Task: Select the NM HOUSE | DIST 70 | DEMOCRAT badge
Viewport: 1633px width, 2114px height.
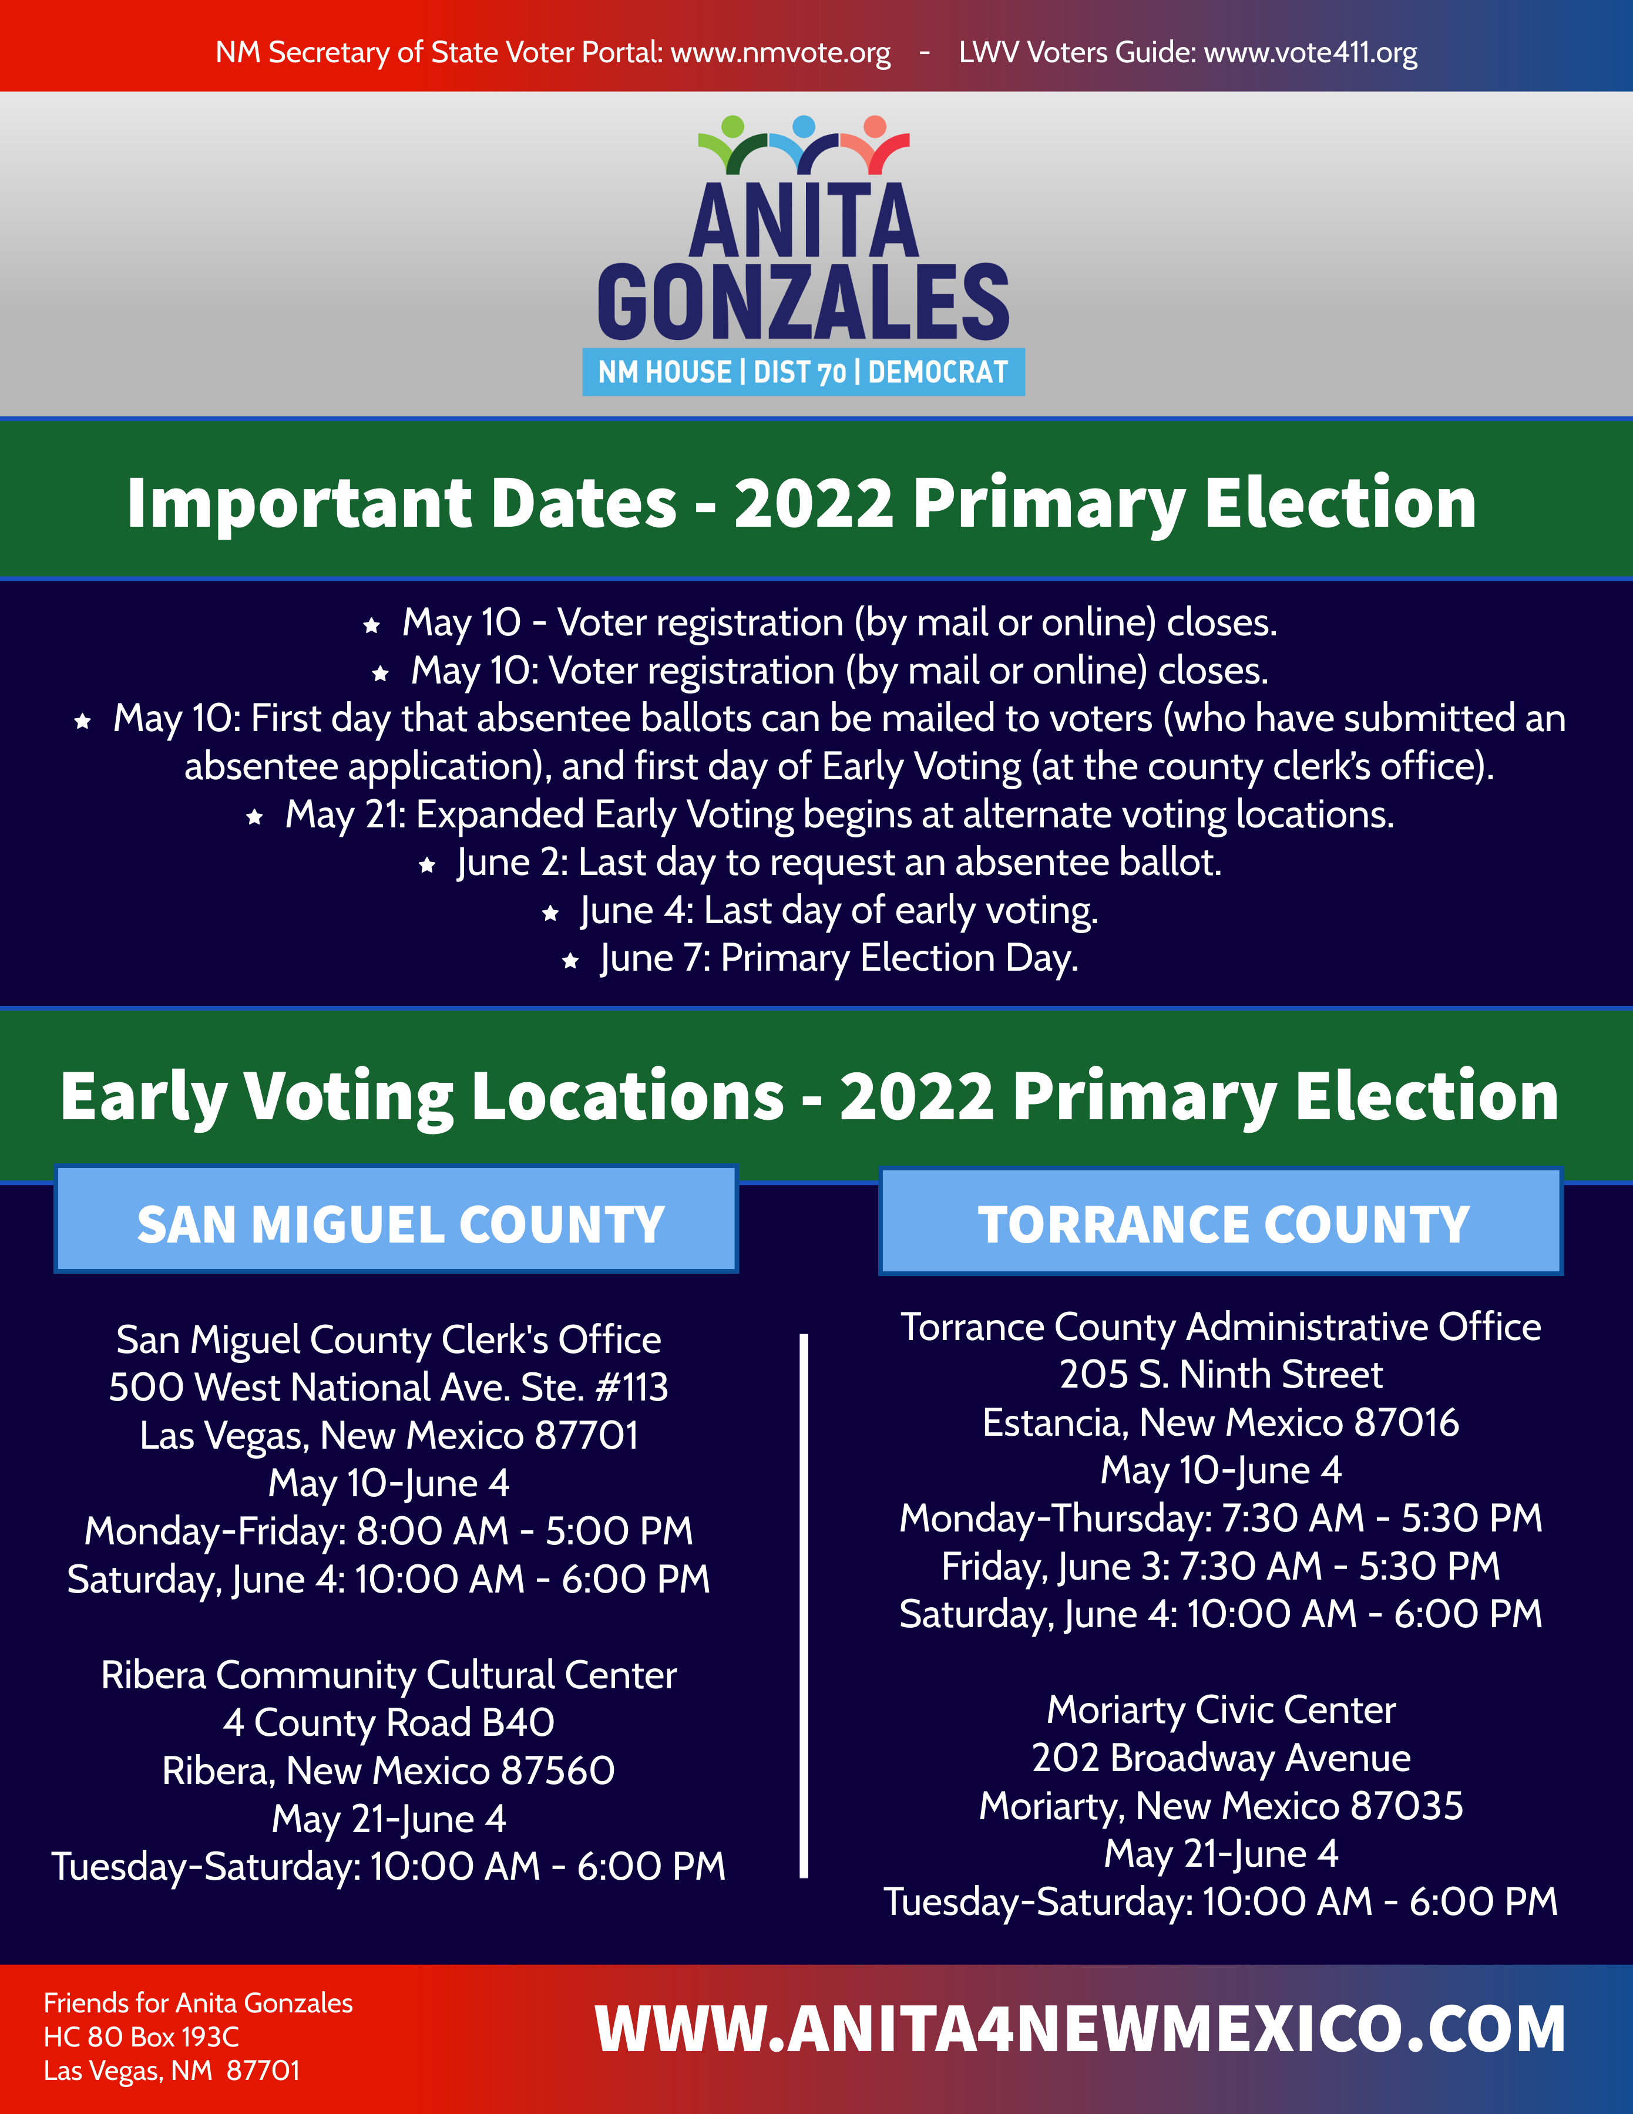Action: (804, 372)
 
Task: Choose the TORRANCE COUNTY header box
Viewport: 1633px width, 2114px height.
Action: (1221, 1221)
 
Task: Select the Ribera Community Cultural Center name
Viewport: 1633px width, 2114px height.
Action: (389, 1675)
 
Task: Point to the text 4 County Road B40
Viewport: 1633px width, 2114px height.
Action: (389, 1723)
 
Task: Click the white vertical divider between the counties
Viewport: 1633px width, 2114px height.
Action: (804, 1606)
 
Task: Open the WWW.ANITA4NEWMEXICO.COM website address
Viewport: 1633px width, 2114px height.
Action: (1080, 2029)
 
